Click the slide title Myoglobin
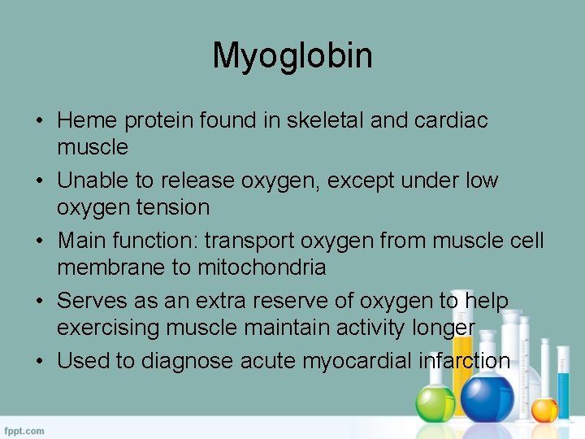coord(292,55)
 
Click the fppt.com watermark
coord(25,430)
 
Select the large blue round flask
coord(488,397)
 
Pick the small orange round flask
coord(544,408)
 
